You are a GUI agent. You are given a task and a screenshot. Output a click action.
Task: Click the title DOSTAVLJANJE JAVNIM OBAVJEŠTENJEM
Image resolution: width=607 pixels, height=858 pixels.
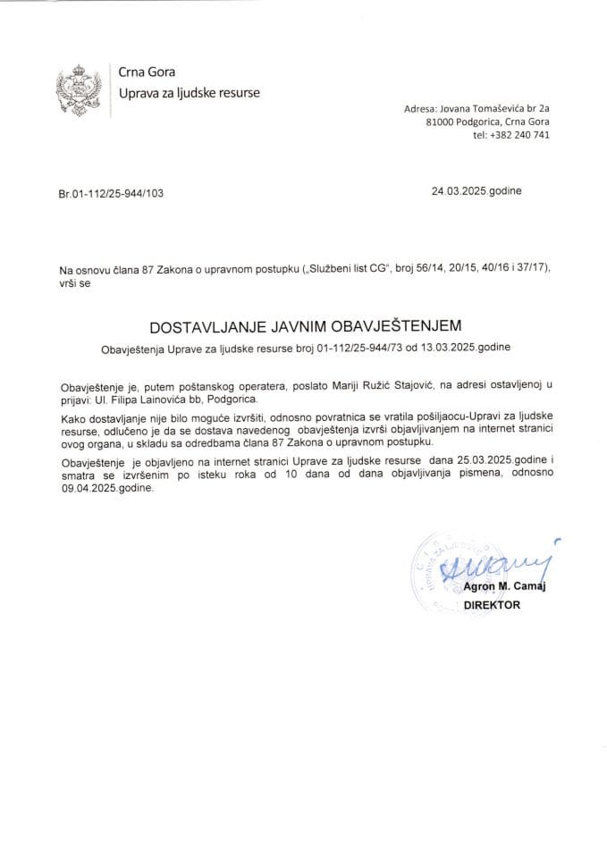pos(303,327)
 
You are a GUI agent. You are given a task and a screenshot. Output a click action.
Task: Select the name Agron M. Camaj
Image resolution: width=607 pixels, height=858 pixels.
pos(505,587)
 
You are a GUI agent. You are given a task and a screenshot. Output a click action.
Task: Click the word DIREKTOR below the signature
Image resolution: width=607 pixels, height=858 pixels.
pos(491,604)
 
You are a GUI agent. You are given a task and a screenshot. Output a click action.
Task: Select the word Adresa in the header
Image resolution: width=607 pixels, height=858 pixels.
pos(419,106)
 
